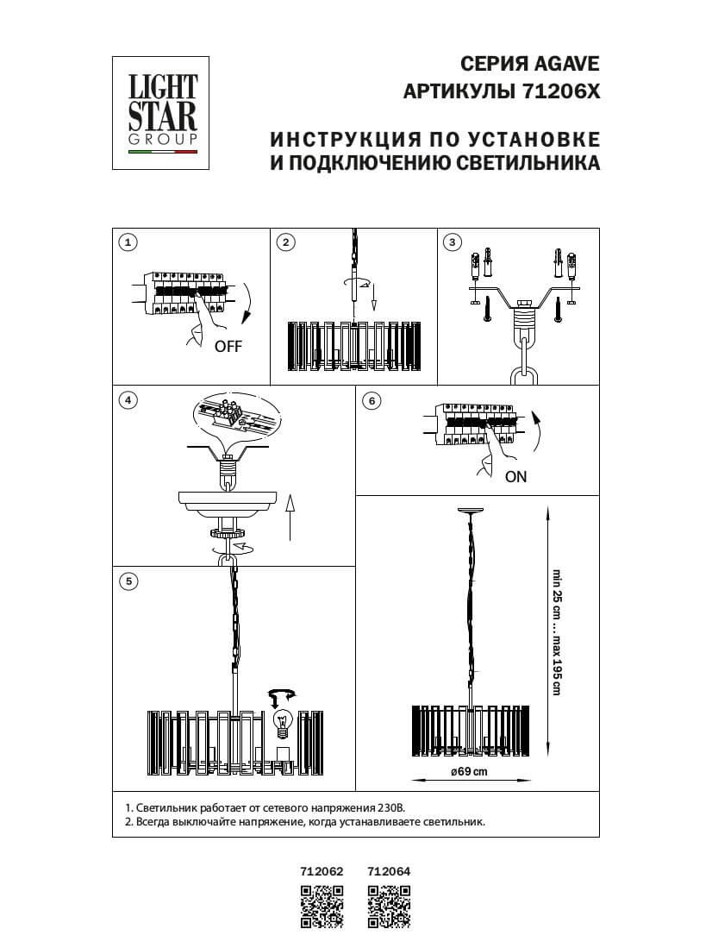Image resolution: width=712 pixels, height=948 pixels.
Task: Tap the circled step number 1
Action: [128, 242]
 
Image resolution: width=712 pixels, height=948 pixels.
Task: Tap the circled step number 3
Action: [451, 242]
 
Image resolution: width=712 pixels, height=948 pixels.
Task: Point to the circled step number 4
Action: [128, 400]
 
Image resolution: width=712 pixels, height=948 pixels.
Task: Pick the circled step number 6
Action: [372, 400]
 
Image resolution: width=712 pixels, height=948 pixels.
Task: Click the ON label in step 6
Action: [515, 476]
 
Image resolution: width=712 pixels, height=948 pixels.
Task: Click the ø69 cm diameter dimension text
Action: [469, 771]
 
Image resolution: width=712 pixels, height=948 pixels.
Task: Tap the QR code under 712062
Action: [322, 907]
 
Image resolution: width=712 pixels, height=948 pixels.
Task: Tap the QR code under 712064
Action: [389, 907]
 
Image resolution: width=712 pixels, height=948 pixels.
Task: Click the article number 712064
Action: [389, 871]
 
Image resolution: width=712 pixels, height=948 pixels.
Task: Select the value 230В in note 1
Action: [390, 807]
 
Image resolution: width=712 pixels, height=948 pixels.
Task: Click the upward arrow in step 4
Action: [290, 517]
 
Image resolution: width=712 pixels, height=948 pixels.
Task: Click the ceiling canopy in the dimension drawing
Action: [468, 511]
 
